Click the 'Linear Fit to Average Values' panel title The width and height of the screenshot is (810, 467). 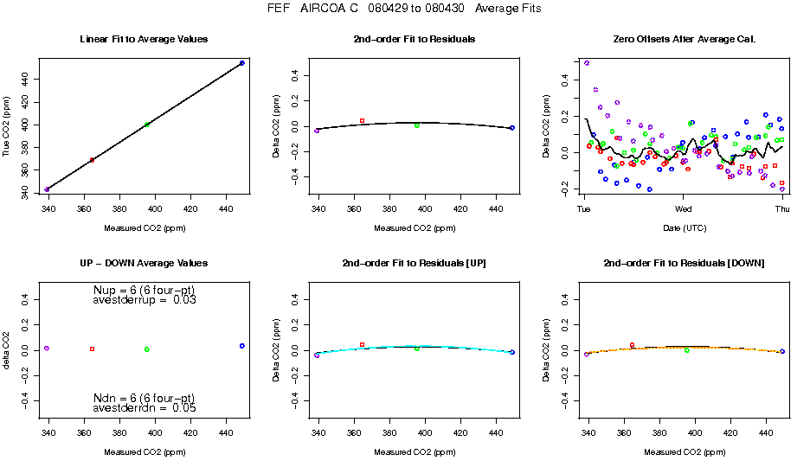(x=143, y=40)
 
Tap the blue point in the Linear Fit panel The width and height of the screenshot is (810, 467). (x=241, y=63)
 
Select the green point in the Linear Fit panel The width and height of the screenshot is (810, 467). (x=147, y=125)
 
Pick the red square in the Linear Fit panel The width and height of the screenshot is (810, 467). (x=92, y=160)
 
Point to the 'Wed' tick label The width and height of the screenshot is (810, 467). (x=683, y=208)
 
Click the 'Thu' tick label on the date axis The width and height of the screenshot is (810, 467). (x=782, y=208)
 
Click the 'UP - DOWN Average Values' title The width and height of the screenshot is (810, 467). (x=143, y=263)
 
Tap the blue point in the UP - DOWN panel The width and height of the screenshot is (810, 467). (x=242, y=346)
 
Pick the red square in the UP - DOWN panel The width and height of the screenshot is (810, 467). (x=92, y=349)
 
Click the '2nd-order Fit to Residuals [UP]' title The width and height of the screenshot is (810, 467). (x=415, y=263)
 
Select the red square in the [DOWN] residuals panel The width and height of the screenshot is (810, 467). (x=632, y=345)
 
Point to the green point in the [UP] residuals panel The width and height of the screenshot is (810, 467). (x=416, y=349)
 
